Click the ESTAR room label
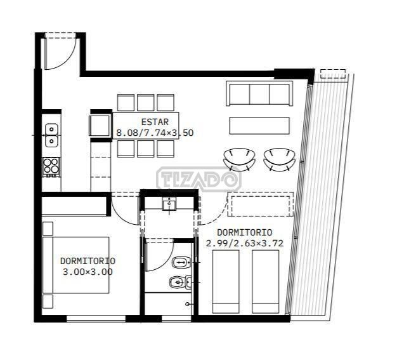(155, 122)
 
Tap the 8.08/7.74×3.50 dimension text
(155, 133)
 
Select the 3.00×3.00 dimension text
(88, 272)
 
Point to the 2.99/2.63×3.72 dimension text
(244, 243)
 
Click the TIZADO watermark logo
(198, 179)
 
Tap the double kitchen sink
(51, 135)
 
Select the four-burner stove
(51, 167)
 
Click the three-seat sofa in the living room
(259, 93)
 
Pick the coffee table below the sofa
(259, 126)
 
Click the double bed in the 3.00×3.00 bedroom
(76, 265)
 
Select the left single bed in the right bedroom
(226, 281)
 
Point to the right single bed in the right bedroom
(266, 281)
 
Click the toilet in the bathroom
(181, 262)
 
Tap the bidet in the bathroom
(180, 282)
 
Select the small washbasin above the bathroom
(169, 204)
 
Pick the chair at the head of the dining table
(100, 126)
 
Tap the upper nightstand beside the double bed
(48, 229)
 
